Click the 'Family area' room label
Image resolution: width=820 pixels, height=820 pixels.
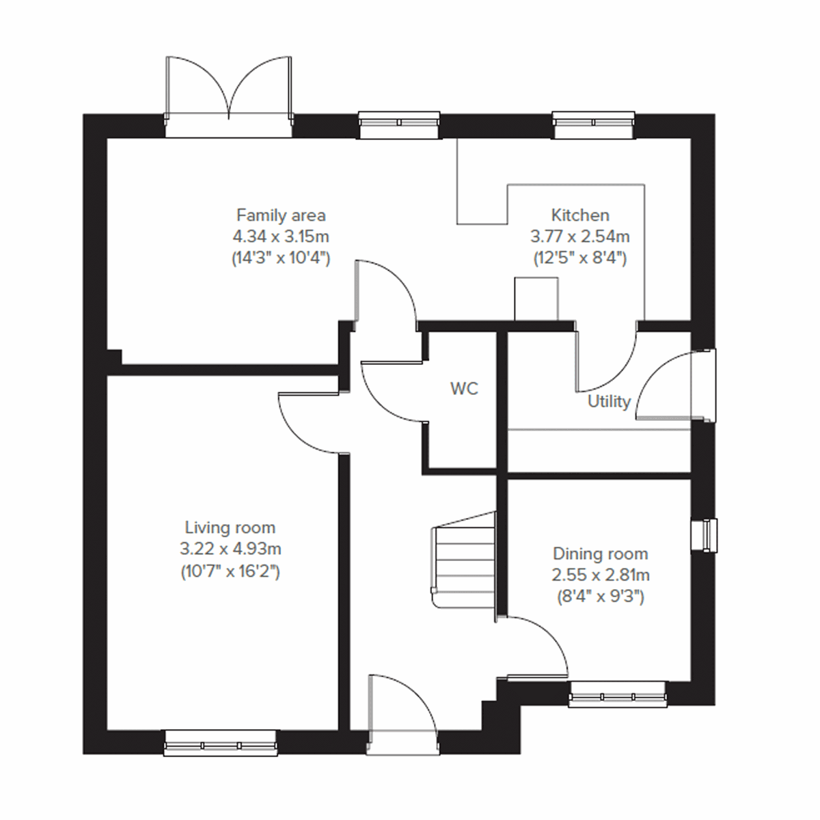pos(281,215)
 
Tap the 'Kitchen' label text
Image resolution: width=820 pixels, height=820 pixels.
pos(580,215)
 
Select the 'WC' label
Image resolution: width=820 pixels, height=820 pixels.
pos(464,389)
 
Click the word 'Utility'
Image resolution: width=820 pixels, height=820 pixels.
pos(609,401)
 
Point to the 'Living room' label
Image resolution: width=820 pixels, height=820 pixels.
pos(230,528)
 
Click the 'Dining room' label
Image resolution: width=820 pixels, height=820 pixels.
pos(600,553)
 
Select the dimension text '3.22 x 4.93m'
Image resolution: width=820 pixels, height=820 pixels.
pos(230,549)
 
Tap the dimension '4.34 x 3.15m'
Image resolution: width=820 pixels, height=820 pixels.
pos(281,236)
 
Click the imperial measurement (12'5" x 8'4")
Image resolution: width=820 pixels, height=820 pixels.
pos(580,258)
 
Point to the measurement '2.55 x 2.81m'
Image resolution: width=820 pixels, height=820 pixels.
pos(600,575)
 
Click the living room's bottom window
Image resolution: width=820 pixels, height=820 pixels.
pos(221,743)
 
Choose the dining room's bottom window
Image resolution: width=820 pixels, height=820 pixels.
pos(618,694)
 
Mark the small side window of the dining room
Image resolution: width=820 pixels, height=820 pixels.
pos(704,534)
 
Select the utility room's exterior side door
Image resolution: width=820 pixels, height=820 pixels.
pos(673,386)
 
